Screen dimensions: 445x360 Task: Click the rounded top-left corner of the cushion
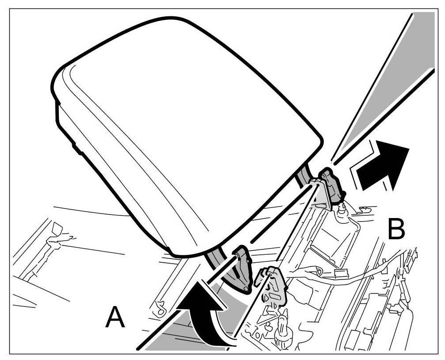pyautogui.click(x=66, y=71)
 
